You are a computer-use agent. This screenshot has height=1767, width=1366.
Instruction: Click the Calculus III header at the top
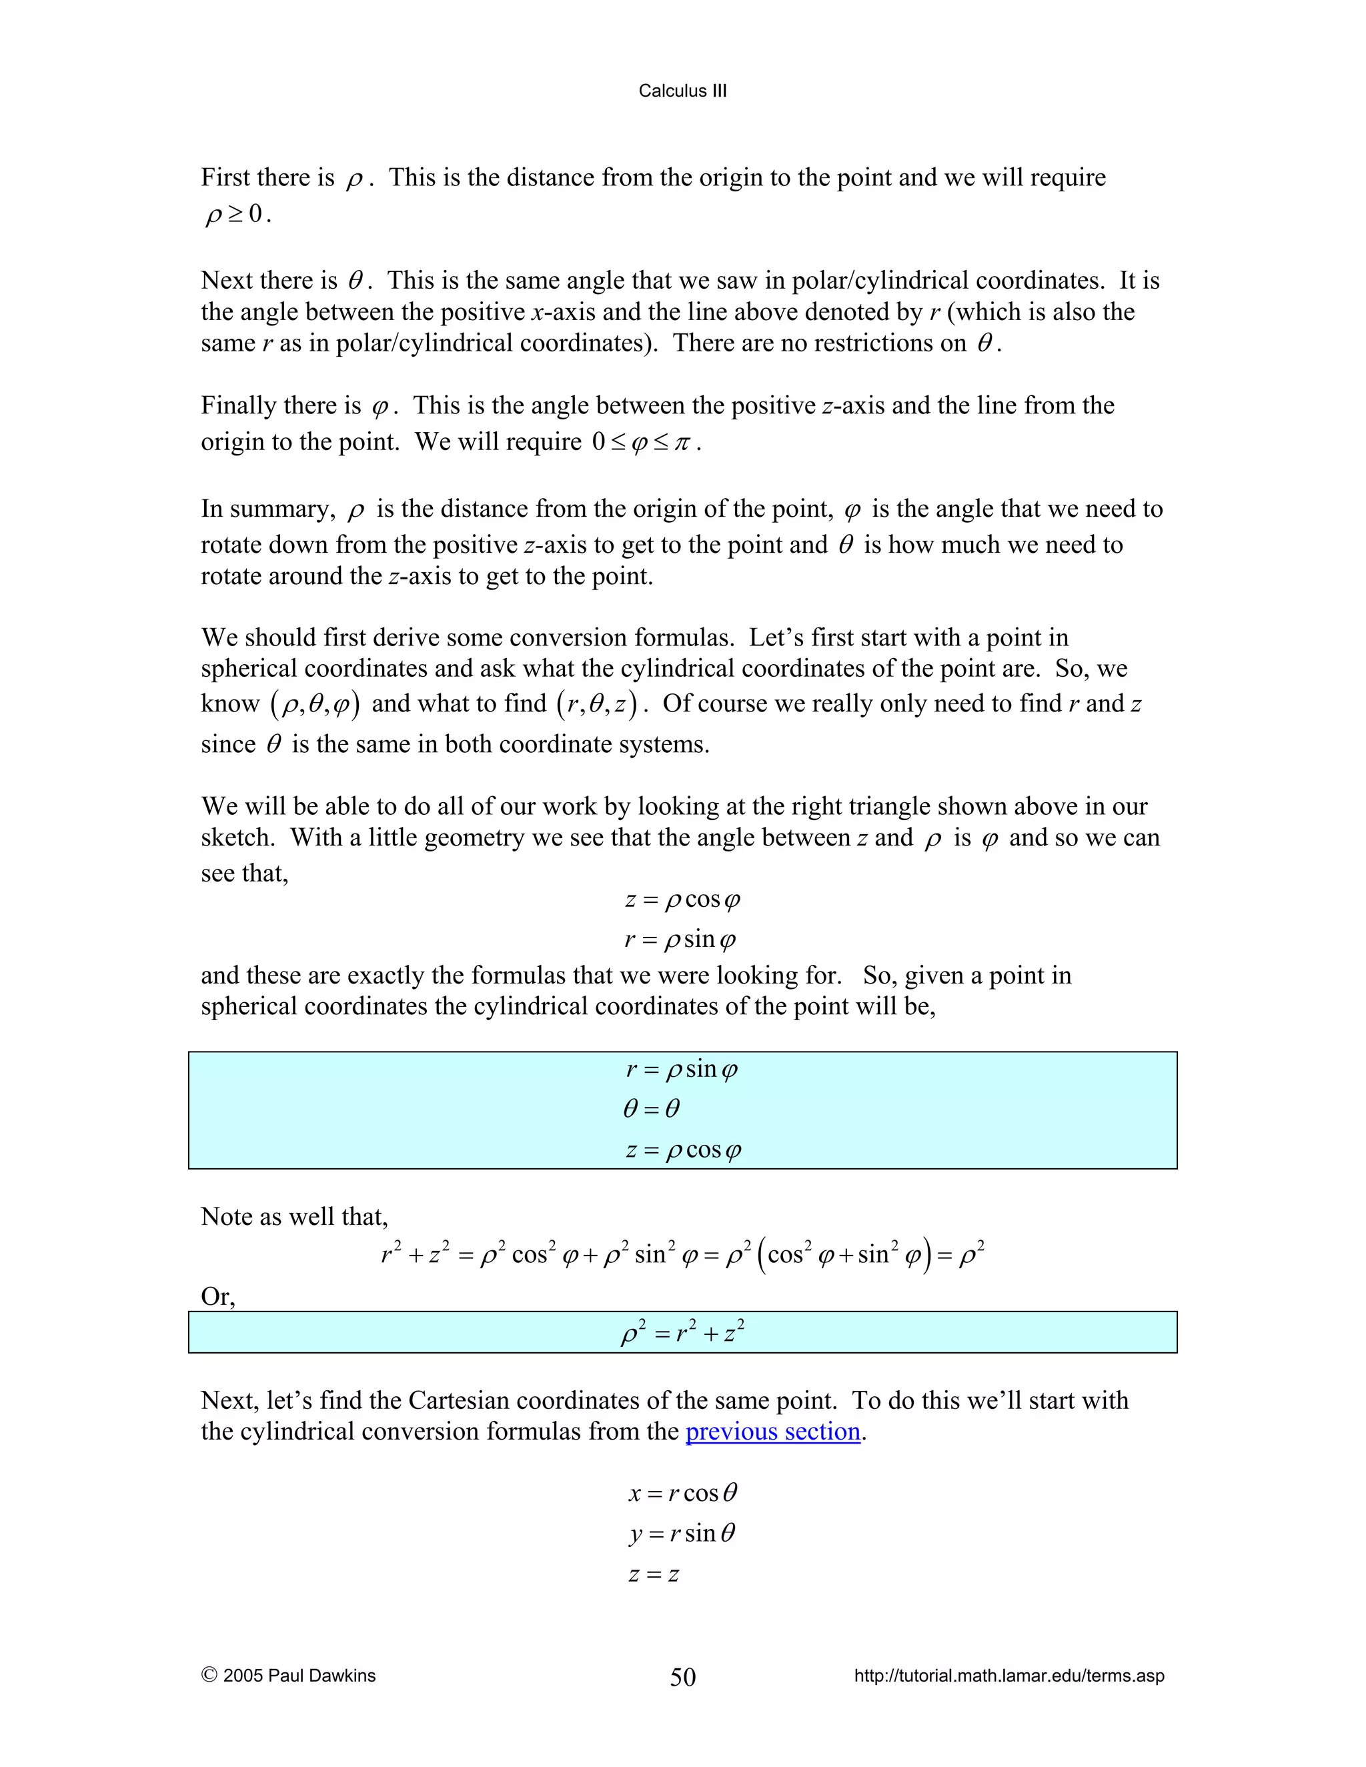[x=682, y=91]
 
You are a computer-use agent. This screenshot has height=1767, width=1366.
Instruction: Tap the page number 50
[x=682, y=1677]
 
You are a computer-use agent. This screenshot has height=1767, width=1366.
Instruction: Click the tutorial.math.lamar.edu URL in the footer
[x=1008, y=1676]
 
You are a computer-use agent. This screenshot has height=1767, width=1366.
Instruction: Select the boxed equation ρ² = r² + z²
[x=682, y=1332]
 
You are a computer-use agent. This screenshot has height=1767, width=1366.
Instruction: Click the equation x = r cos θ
[x=682, y=1493]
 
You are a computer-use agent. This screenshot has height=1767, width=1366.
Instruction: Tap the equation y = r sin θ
[x=682, y=1533]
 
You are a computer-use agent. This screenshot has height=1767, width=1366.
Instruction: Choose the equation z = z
[x=653, y=1574]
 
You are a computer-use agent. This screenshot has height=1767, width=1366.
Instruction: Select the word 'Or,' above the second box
[x=217, y=1296]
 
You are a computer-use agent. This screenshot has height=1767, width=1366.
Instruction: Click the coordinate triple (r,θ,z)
[x=596, y=704]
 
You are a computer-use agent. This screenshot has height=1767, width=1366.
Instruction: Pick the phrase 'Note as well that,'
[x=293, y=1217]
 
